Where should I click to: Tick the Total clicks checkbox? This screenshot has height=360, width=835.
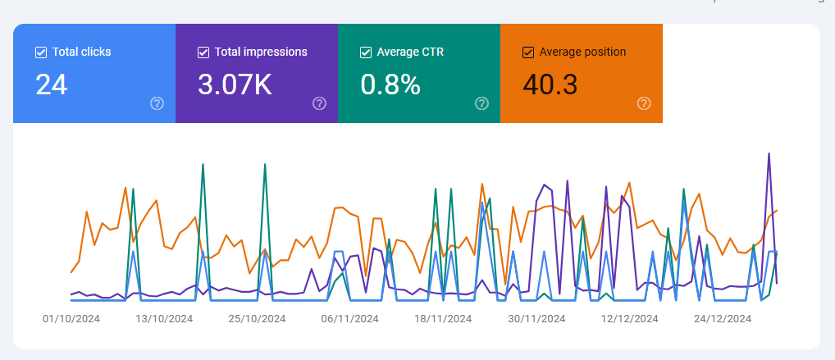(41, 52)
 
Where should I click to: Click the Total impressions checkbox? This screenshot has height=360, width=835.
(203, 52)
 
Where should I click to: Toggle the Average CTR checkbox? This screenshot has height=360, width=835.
(366, 52)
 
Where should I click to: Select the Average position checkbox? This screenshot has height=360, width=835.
(528, 52)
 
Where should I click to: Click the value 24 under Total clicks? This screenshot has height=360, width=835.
(51, 84)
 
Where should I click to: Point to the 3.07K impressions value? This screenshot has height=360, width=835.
(235, 84)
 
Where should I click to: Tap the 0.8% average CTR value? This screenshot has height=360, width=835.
(390, 84)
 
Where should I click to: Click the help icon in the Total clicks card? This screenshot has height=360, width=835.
(157, 103)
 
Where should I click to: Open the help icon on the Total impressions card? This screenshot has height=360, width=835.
(320, 103)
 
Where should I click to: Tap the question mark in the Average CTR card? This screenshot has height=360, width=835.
(482, 103)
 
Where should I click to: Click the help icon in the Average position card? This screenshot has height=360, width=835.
(645, 103)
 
